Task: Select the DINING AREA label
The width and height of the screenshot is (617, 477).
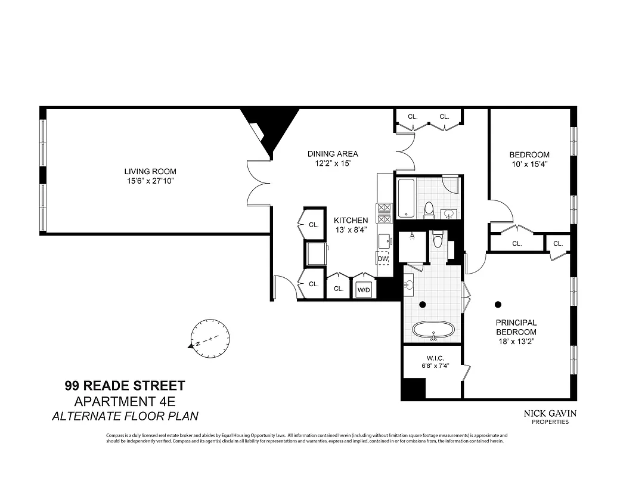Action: (333, 154)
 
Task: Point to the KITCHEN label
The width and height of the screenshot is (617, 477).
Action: (351, 220)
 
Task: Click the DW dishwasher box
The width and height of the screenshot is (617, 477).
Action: (383, 259)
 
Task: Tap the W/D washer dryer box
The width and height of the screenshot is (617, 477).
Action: (364, 290)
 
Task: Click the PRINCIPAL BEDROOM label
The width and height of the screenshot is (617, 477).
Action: (516, 327)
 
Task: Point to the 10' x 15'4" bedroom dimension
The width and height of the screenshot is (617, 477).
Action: (530, 164)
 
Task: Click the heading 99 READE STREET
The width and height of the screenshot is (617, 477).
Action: (125, 386)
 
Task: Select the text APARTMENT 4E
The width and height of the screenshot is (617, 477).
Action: (125, 401)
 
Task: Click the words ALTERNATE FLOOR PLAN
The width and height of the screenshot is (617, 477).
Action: (125, 416)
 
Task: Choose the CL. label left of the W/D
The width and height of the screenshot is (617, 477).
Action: (339, 289)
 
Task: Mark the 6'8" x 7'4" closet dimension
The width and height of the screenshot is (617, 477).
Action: (434, 367)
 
